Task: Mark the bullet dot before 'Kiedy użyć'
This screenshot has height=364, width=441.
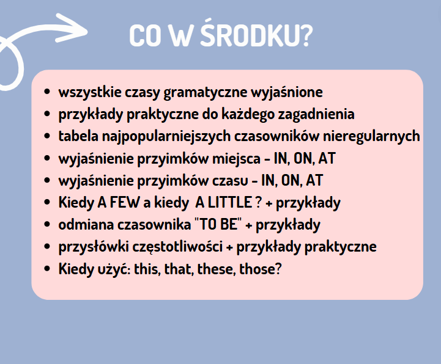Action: pyautogui.click(x=47, y=269)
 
